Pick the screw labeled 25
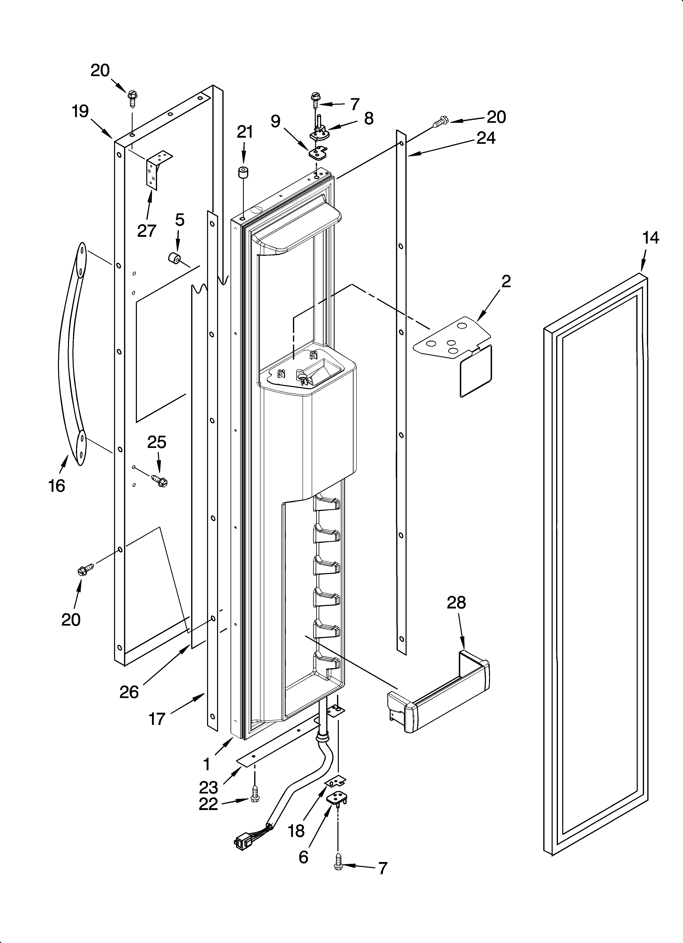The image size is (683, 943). click(x=160, y=481)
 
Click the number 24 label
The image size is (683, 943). click(x=486, y=138)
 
